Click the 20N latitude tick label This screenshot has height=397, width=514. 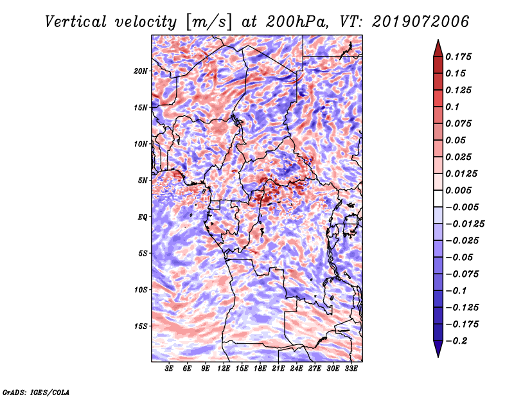[141, 71]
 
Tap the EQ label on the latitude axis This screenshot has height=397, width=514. [143, 217]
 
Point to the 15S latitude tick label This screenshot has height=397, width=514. [141, 326]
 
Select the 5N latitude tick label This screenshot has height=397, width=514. [143, 181]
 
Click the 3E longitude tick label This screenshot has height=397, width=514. [169, 368]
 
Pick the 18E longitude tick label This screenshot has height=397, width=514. [260, 368]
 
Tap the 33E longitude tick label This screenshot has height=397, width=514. [351, 368]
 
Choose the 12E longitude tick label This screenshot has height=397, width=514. [224, 368]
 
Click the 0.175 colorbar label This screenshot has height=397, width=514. [458, 57]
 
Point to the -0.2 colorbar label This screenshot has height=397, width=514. [456, 341]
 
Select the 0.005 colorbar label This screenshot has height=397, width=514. [458, 190]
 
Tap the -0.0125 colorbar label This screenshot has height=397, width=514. [465, 224]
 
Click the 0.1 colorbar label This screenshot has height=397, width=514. [452, 107]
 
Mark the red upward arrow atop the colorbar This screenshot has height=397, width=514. [438, 49]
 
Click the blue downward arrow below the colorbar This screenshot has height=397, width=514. [438, 349]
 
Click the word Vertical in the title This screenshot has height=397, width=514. [76, 22]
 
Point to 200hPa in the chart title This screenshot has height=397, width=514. [297, 22]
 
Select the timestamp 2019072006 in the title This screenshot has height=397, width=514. [421, 22]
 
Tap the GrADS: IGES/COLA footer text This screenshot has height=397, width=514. [36, 392]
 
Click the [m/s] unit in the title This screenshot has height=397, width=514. [209, 22]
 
